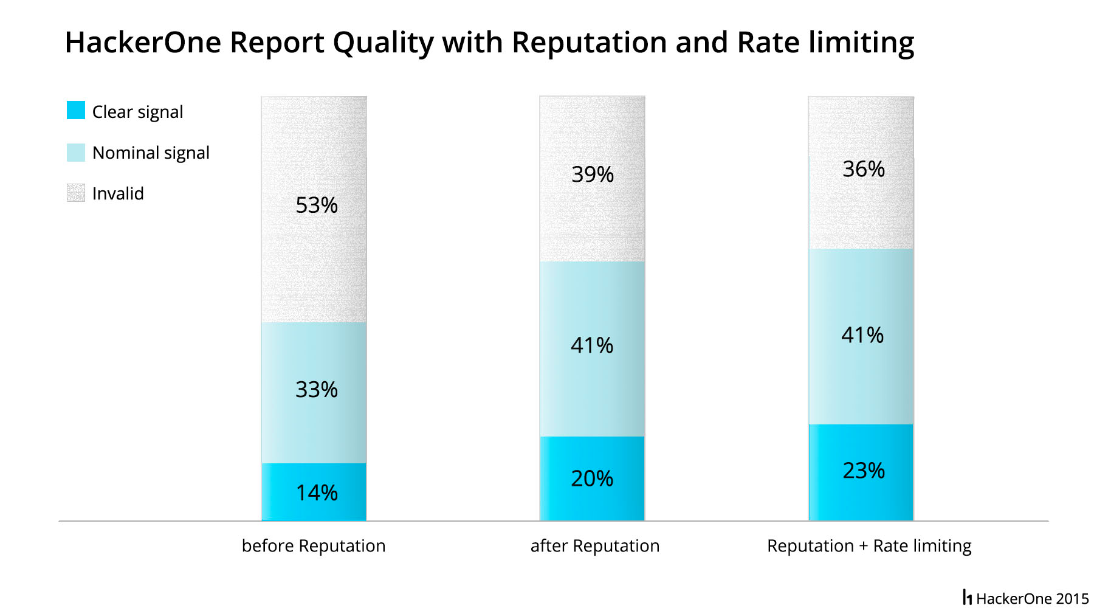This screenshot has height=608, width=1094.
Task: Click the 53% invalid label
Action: [x=316, y=206]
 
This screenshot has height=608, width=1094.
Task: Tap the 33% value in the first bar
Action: [x=316, y=390]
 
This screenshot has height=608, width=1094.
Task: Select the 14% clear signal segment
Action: [x=314, y=492]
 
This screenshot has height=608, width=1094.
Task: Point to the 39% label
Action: [x=592, y=175]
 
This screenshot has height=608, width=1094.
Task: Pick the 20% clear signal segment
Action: [x=592, y=478]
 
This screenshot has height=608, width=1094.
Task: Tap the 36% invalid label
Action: [x=863, y=169]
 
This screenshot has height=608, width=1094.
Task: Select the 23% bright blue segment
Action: [x=861, y=471]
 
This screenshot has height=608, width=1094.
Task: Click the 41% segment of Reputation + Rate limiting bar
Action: [x=861, y=336]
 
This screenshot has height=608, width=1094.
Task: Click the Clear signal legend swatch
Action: [x=76, y=111]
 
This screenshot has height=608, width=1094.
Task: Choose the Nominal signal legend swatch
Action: [x=76, y=152]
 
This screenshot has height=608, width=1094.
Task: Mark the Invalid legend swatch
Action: [x=76, y=193]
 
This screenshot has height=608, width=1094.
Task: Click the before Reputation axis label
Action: [x=314, y=546]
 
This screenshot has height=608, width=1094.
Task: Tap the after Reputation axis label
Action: [x=594, y=546]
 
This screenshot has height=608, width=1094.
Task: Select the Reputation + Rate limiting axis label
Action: [x=869, y=546]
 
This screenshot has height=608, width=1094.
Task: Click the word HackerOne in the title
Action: [x=143, y=43]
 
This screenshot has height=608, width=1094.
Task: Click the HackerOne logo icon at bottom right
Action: [x=967, y=598]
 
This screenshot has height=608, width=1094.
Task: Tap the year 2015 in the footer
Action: [x=1072, y=599]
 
